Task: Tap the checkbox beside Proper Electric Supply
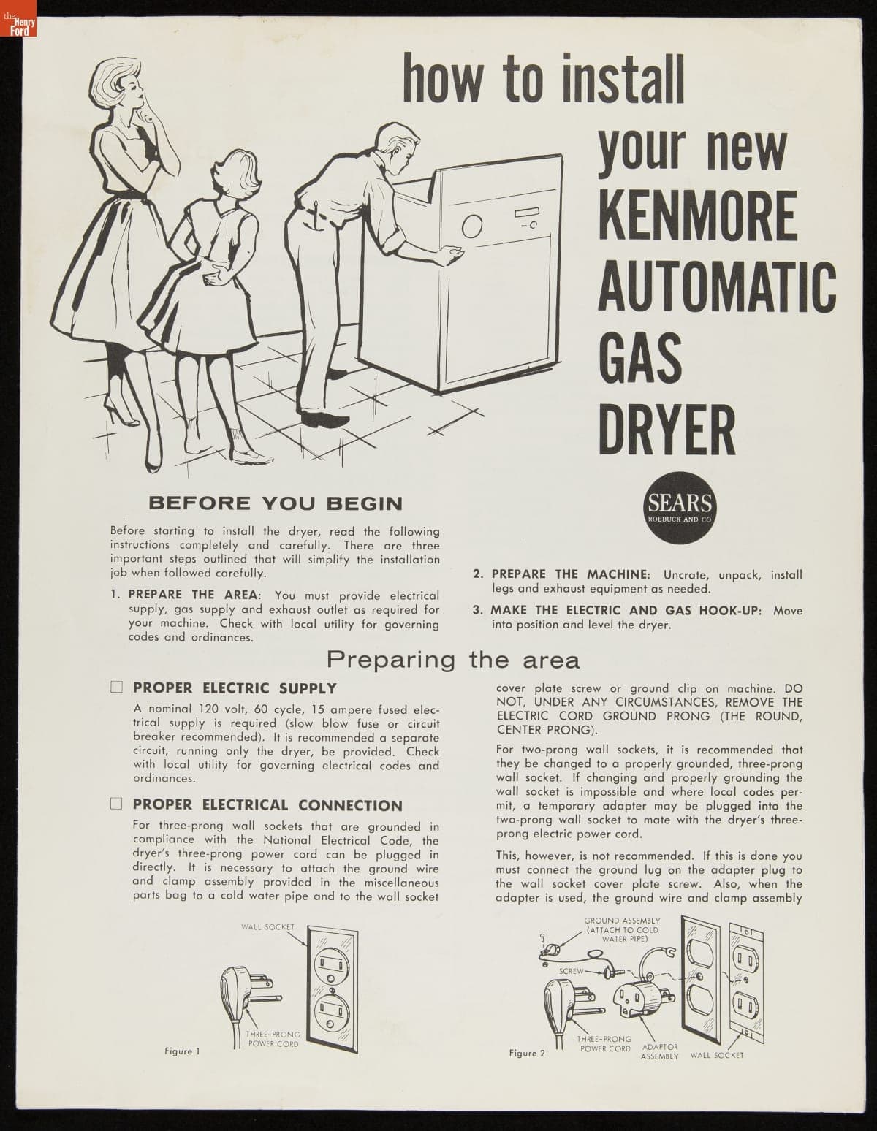click(x=116, y=687)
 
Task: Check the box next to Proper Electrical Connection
click(x=116, y=804)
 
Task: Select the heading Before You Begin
click(x=276, y=503)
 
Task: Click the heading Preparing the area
click(x=453, y=660)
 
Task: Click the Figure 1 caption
click(x=182, y=1051)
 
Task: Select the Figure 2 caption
click(x=527, y=1053)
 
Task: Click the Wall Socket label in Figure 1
click(x=267, y=927)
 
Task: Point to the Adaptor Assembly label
click(x=659, y=1051)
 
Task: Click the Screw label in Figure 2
click(x=572, y=971)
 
